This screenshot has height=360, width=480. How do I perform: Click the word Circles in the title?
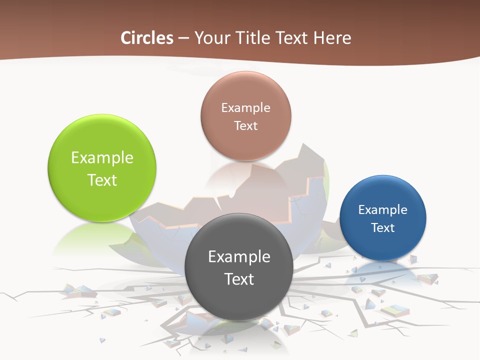coord(147,38)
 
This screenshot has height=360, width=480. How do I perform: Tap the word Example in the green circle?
coord(102,158)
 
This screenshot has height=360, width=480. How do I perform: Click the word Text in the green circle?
coord(102,180)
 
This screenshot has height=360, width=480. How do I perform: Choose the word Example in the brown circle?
coord(245,108)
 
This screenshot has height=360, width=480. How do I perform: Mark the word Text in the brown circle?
coord(245,125)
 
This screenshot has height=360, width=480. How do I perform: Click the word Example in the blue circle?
coord(383,210)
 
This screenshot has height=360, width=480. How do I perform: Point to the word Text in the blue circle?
coord(383,228)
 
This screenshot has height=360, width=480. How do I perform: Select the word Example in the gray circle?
coord(239,257)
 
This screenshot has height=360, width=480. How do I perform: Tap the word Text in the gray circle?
coord(239,279)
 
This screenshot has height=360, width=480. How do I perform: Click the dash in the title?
coord(183,38)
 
